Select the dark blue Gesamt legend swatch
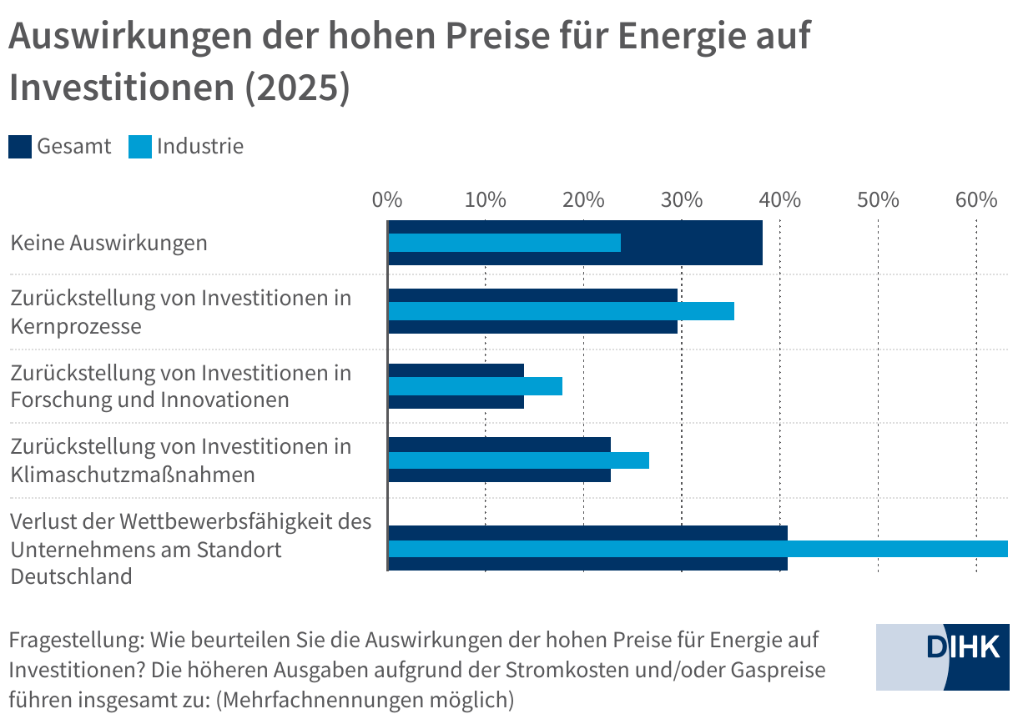click(x=20, y=147)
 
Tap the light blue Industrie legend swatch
click(x=140, y=147)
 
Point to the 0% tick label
click(x=387, y=200)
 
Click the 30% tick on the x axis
click(x=682, y=200)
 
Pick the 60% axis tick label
click(x=976, y=200)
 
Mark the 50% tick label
click(x=878, y=200)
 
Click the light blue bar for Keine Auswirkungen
click(x=505, y=243)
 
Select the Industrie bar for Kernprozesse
click(x=561, y=311)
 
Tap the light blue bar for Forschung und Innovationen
click(x=475, y=386)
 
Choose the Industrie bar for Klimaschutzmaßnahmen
click(x=518, y=460)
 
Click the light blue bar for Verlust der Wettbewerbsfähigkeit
click(x=698, y=548)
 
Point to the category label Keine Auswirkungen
click(x=108, y=244)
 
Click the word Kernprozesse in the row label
click(x=76, y=325)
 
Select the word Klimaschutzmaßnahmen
click(x=132, y=475)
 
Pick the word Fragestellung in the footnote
click(x=76, y=641)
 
